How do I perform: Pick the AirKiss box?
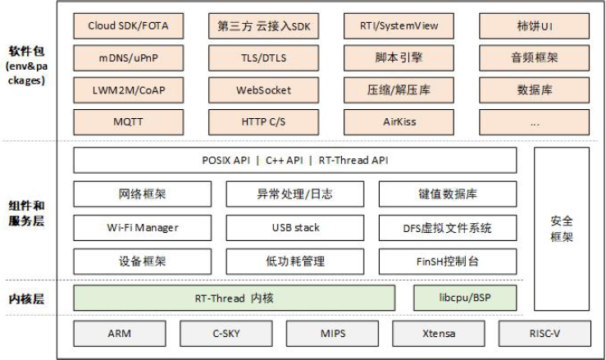coord(401,121)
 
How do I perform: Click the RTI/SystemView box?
coord(401,25)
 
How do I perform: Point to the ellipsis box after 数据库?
coord(535,121)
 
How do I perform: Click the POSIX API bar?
coord(295,160)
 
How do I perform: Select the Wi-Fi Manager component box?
coord(143,227)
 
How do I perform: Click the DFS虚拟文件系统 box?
coord(448,227)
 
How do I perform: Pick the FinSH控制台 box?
coord(448,261)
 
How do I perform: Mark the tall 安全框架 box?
coord(562,229)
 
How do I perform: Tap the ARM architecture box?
coord(119,334)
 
